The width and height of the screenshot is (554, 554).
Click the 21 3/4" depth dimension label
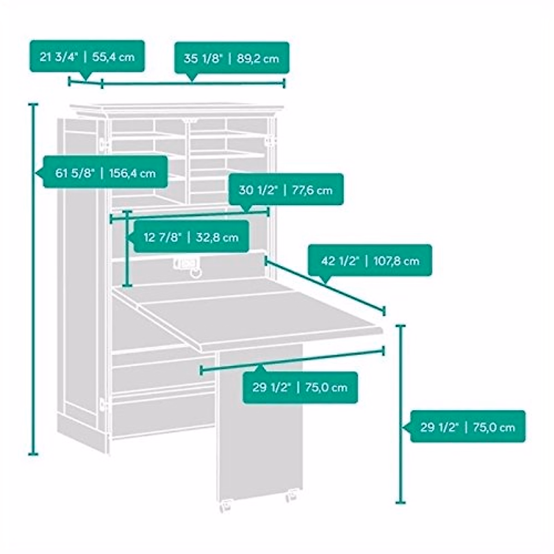pyautogui.click(x=87, y=56)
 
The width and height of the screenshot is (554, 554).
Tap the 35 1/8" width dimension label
pyautogui.click(x=232, y=58)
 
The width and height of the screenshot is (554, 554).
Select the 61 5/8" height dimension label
pyautogui.click(x=105, y=172)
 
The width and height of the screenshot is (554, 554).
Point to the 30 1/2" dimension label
pyautogui.click(x=286, y=189)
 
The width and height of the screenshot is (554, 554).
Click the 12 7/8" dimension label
pyautogui.click(x=191, y=236)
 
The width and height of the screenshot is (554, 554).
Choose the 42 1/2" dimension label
pyautogui.click(x=370, y=260)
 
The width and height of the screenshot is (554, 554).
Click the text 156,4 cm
pyautogui.click(x=132, y=174)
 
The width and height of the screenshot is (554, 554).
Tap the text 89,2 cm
pyautogui.click(x=258, y=59)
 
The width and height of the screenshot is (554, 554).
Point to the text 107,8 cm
pyautogui.click(x=397, y=261)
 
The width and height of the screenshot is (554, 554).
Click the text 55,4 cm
pyautogui.click(x=113, y=57)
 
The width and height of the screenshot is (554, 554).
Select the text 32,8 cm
pyautogui.click(x=217, y=237)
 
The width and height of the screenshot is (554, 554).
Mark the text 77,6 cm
pyautogui.click(x=312, y=190)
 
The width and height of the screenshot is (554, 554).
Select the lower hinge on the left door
pyautogui.click(x=103, y=405)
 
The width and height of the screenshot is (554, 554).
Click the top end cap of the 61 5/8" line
pyautogui.click(x=33, y=105)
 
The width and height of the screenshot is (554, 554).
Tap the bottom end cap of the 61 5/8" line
pyautogui.click(x=33, y=455)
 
